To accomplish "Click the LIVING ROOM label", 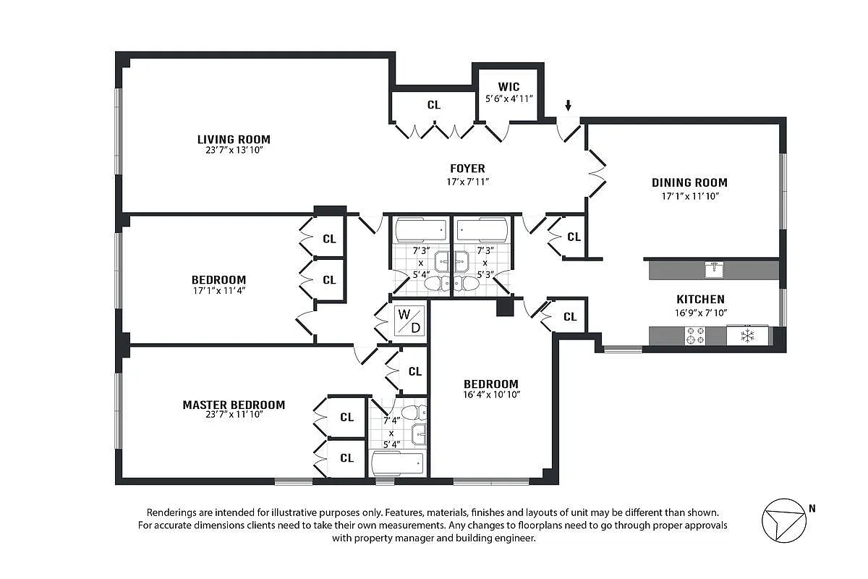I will pyautogui.click(x=234, y=139).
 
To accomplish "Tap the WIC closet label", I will pyautogui.click(x=509, y=87).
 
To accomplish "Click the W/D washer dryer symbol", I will pyautogui.click(x=409, y=320).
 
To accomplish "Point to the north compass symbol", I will pyautogui.click(x=783, y=520).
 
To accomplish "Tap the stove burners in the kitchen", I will pyautogui.click(x=695, y=336).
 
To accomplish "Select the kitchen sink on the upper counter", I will pyautogui.click(x=714, y=270).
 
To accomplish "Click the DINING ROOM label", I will pyautogui.click(x=689, y=183).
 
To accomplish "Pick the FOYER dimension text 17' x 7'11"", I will pyautogui.click(x=468, y=181).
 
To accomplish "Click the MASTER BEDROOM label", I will pyautogui.click(x=234, y=405).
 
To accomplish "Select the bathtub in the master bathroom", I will pyautogui.click(x=396, y=463).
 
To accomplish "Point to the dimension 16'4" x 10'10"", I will pyautogui.click(x=491, y=394).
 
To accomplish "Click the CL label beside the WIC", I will pyautogui.click(x=433, y=105).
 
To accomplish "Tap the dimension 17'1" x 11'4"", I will pyautogui.click(x=218, y=292).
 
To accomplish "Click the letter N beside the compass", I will pyautogui.click(x=812, y=508).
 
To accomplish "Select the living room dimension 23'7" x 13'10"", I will pyautogui.click(x=234, y=151).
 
